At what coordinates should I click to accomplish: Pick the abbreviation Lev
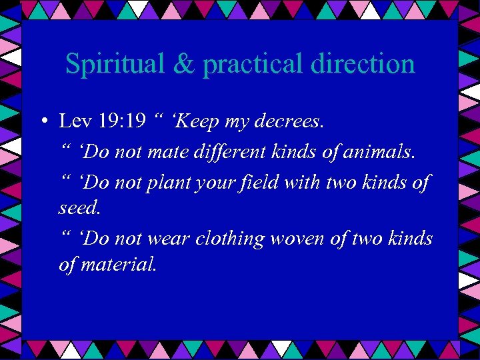pyautogui.click(x=74, y=122)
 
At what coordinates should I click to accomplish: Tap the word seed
pyautogui.click(x=79, y=208)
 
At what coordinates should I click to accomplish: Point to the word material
pyautogui.click(x=119, y=265)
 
